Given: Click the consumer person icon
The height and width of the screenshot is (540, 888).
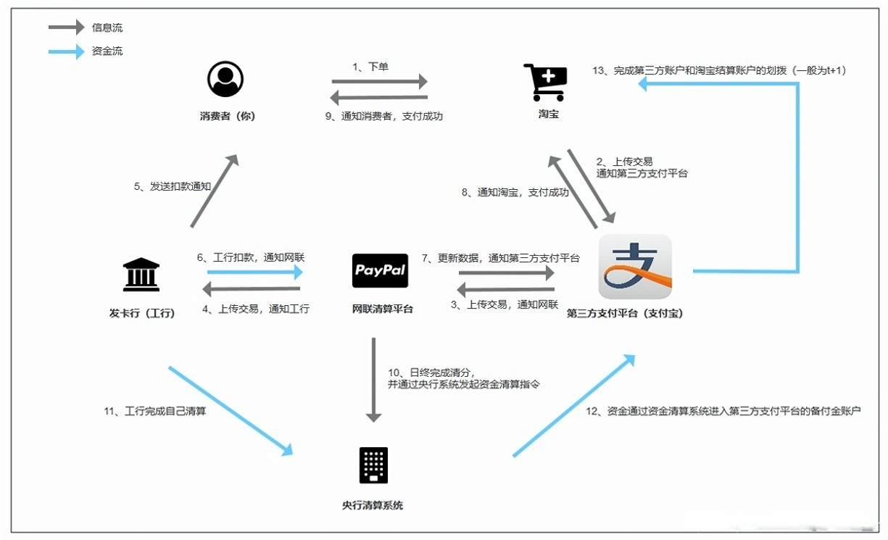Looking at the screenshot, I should point(225,79).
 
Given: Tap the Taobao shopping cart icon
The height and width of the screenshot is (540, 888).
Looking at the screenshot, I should point(545,82).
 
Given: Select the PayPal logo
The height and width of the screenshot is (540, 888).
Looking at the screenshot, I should point(380,271).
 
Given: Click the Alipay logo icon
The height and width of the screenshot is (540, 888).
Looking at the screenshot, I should point(635,267).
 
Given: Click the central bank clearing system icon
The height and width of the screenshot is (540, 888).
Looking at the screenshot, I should point(373,465).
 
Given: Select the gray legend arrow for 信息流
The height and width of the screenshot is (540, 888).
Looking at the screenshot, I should point(66,28).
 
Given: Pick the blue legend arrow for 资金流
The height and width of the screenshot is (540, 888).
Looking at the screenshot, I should point(66,51).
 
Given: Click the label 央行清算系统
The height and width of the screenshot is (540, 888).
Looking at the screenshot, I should point(373,505).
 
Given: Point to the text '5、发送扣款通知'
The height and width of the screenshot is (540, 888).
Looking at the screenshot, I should point(172,186).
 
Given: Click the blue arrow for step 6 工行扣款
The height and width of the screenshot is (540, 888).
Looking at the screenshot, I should point(254,273).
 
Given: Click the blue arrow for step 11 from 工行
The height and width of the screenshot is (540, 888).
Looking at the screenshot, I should point(230,410).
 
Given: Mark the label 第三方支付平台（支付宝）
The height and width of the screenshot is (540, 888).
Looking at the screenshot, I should point(625,314).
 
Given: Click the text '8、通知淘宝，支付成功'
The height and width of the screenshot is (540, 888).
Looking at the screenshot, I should point(515,193).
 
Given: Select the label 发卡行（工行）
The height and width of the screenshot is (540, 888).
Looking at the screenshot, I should point(142,314).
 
